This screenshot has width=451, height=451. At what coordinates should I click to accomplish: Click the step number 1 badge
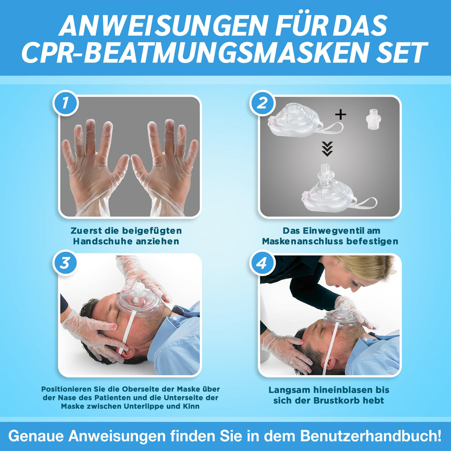65,103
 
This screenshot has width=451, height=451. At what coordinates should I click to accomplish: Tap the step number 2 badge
262,103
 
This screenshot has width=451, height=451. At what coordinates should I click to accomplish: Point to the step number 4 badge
262,264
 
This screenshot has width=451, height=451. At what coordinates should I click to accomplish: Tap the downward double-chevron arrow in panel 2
327,149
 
